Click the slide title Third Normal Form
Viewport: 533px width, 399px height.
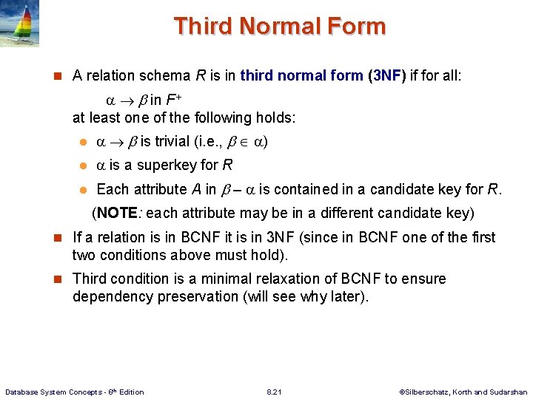point(280,27)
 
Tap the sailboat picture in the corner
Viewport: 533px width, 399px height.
point(20,24)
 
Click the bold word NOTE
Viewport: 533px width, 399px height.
point(116,214)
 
